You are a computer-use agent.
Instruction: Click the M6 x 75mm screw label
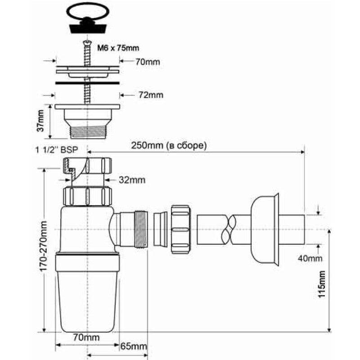point(118,48)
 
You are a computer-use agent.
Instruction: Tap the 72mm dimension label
point(151,95)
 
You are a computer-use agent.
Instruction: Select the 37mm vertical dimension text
point(40,121)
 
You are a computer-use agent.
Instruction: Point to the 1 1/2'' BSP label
point(57,150)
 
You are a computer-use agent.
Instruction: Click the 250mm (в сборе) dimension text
point(169,145)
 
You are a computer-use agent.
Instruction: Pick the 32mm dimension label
point(132,180)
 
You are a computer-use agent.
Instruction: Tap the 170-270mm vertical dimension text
point(43,246)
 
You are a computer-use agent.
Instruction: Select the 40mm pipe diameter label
point(310,258)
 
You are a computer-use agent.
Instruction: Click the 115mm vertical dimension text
point(321,284)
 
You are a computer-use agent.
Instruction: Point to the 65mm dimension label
point(134,346)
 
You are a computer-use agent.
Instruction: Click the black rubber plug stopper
point(87,25)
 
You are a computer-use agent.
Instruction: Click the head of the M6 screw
point(87,42)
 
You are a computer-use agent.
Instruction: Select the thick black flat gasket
point(87,82)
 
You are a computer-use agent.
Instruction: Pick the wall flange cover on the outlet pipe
point(265,229)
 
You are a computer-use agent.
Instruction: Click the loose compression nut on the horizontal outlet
point(181,229)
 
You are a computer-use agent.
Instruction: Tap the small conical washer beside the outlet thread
point(160,229)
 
